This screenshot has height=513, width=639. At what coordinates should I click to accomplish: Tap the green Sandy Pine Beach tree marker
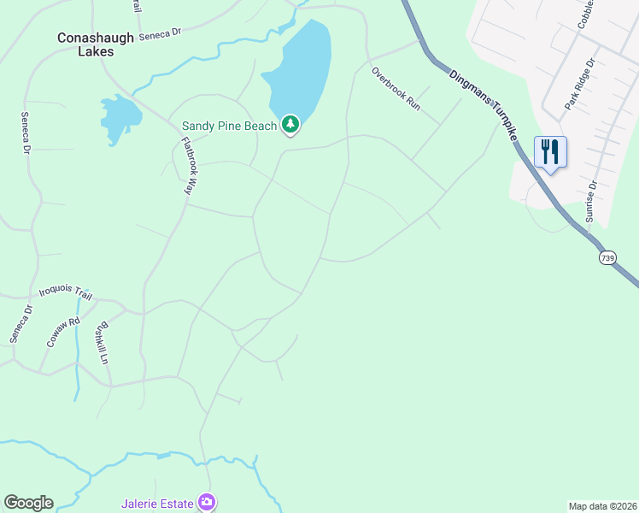tap(290, 126)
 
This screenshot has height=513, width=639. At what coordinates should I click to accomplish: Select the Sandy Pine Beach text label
tap(229, 127)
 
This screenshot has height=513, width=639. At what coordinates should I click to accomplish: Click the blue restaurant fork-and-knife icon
tap(550, 152)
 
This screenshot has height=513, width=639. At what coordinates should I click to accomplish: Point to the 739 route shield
tap(607, 256)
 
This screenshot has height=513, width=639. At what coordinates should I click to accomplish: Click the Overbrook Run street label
tap(396, 88)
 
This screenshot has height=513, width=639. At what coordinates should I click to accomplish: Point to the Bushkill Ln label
tap(104, 342)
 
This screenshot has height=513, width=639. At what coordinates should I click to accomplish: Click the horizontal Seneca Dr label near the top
tap(161, 32)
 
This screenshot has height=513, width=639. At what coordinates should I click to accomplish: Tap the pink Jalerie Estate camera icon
tap(206, 502)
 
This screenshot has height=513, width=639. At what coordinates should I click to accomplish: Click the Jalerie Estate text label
tap(157, 502)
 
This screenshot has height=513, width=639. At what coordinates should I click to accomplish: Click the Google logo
tap(28, 503)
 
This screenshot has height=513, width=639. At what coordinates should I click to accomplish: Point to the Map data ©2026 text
tap(602, 506)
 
